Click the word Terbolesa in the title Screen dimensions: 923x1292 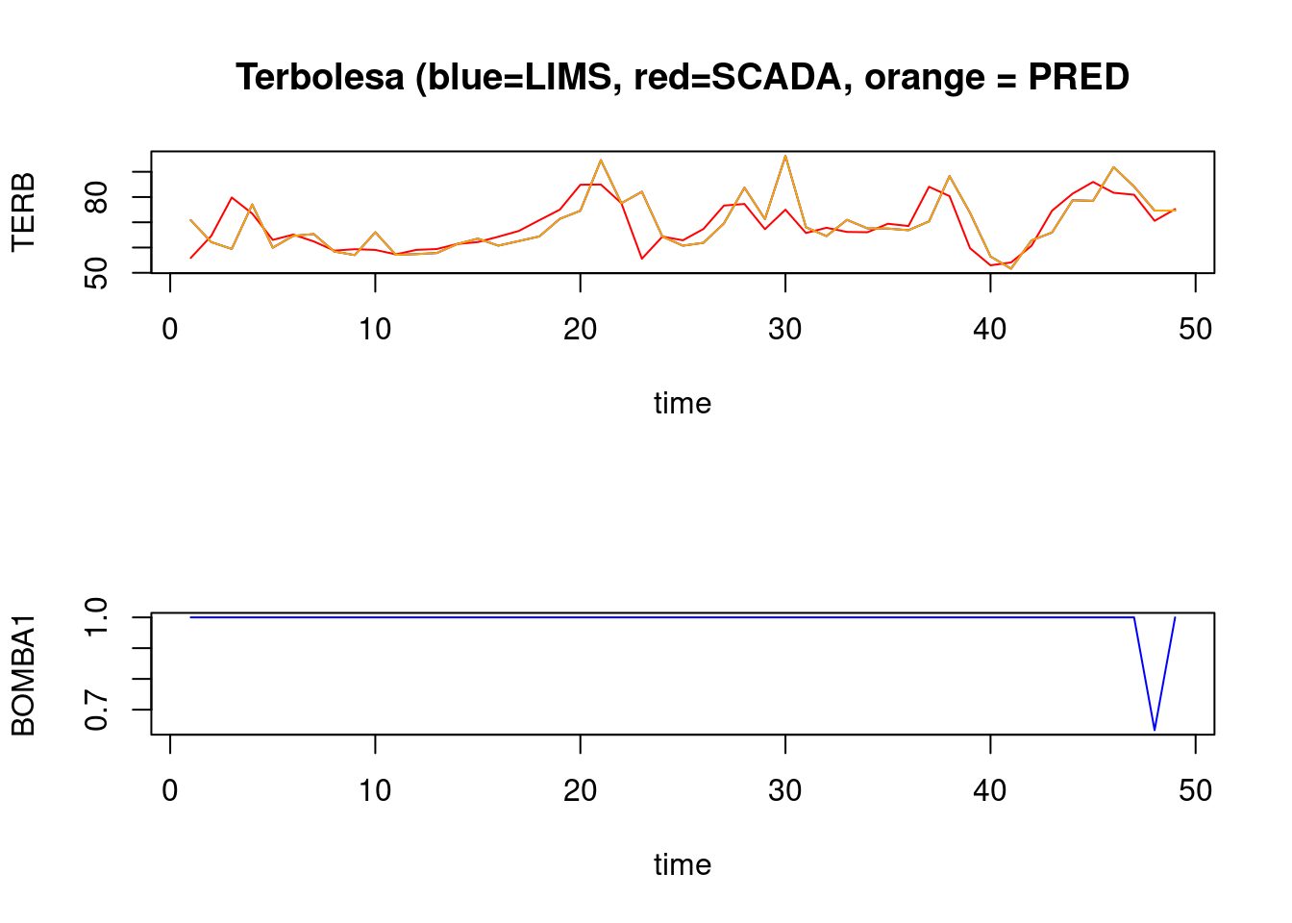pos(320,77)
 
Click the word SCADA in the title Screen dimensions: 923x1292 pos(776,77)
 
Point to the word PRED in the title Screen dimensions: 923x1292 pos(1079,77)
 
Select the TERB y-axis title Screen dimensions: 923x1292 pos(23,212)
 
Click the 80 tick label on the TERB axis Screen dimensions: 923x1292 pos(96,198)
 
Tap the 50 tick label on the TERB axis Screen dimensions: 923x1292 pos(96,272)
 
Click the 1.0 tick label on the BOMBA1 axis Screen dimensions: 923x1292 pos(96,617)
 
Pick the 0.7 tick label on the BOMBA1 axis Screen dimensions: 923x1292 pos(96,710)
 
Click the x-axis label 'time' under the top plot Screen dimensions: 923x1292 pos(683,403)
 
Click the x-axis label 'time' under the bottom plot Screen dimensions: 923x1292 pos(683,864)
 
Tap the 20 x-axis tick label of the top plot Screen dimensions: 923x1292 pos(580,330)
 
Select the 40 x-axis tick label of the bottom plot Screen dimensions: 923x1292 pos(990,791)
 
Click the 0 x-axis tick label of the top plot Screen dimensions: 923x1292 pos(170,330)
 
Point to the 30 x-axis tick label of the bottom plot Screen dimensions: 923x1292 pos(785,791)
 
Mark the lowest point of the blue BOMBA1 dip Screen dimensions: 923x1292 pos(1155,730)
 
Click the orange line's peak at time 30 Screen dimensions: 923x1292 pos(785,156)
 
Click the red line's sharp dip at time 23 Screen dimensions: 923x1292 pos(642,258)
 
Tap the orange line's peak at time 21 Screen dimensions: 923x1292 pos(601,160)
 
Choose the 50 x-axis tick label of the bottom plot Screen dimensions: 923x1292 pos(1195,791)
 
